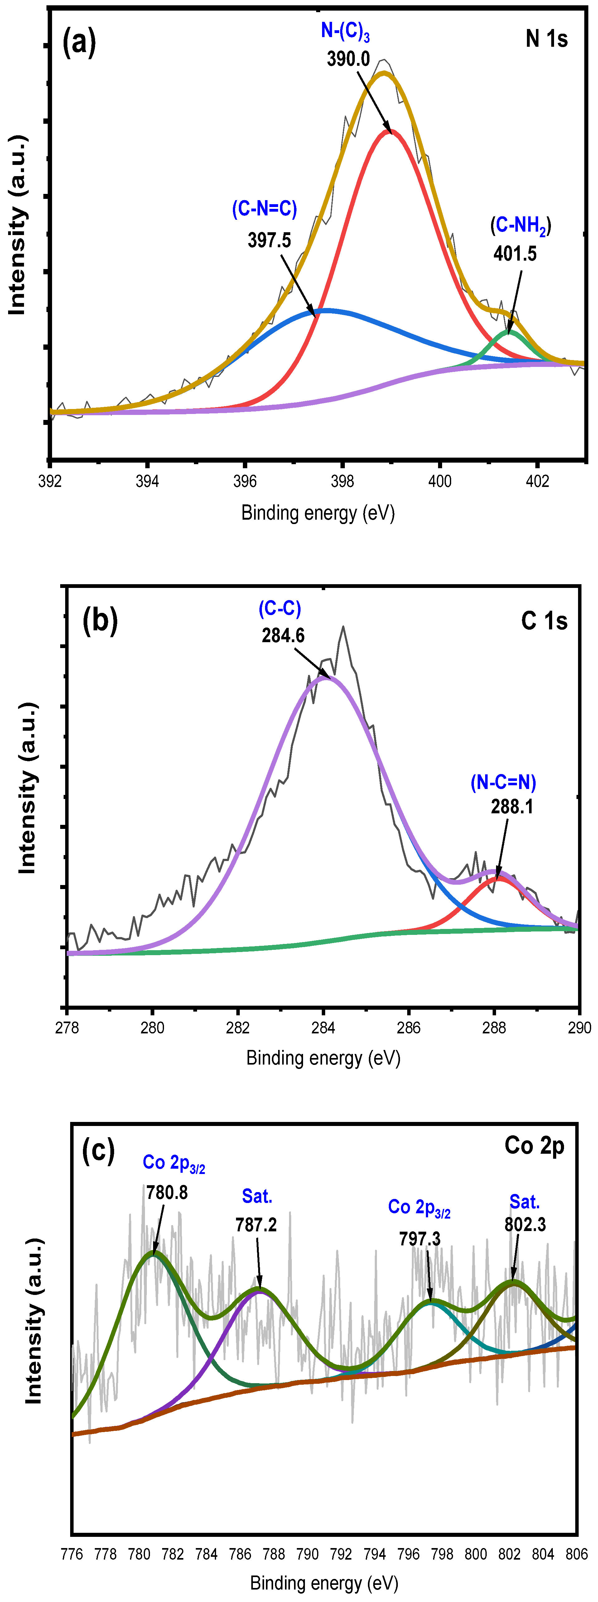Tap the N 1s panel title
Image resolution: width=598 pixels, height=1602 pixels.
546,39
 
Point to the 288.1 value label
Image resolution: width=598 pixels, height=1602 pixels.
512,806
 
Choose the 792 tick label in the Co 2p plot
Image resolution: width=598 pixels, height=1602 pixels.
341,1554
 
